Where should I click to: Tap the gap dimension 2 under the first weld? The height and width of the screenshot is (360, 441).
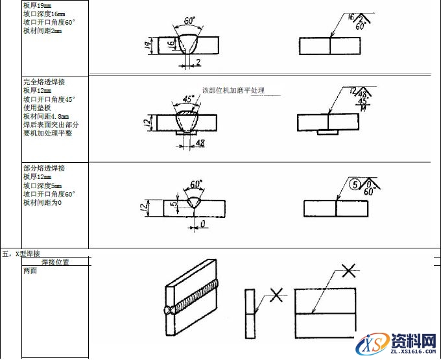(x=198, y=62)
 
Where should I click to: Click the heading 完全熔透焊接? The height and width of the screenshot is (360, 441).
(x=44, y=82)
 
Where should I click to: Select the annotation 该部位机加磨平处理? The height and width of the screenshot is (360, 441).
(x=233, y=90)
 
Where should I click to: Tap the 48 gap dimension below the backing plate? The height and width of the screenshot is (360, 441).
(x=200, y=144)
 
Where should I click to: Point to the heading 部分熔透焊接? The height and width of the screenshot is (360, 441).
(x=44, y=168)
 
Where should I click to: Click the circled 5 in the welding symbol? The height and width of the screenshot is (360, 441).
(x=353, y=184)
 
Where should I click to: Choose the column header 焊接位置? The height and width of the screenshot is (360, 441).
(x=55, y=263)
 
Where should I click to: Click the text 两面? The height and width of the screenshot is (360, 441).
(x=30, y=272)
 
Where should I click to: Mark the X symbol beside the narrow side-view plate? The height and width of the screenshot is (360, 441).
(x=276, y=296)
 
